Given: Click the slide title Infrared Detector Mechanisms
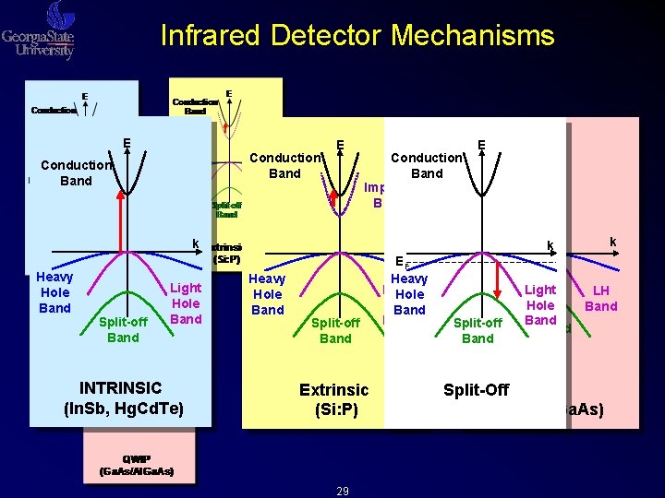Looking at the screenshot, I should (357, 35).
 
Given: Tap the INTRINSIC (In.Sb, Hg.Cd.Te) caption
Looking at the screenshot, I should (121, 397).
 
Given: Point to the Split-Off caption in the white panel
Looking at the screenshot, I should (476, 390).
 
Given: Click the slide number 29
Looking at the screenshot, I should (342, 492).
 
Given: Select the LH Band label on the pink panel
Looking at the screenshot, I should (601, 298).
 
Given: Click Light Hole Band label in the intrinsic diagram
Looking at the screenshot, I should (186, 303).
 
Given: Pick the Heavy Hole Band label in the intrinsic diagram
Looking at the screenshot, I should (54, 292).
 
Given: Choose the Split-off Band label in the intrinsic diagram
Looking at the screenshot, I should (123, 329).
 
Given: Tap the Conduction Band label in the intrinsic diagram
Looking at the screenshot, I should (76, 173).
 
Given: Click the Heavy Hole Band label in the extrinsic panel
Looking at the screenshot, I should (268, 294).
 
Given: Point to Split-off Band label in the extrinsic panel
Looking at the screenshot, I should (335, 330).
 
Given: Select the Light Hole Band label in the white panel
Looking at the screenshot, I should (540, 304).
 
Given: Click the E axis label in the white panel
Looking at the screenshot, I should (482, 145).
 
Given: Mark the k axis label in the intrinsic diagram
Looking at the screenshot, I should (195, 243).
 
